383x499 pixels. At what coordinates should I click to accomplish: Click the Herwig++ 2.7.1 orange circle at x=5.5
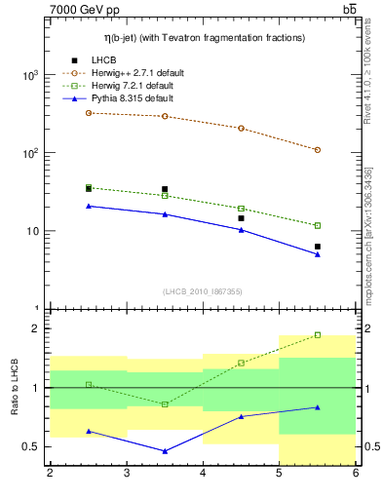pyautogui.click(x=318, y=150)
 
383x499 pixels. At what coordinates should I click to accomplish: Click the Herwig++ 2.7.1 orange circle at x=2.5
pyautogui.click(x=89, y=113)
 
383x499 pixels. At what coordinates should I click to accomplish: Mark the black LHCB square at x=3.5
pyautogui.click(x=165, y=189)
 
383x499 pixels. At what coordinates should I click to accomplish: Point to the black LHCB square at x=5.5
pyautogui.click(x=318, y=247)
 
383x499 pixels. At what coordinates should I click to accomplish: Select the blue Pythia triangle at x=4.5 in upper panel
pyautogui.click(x=241, y=230)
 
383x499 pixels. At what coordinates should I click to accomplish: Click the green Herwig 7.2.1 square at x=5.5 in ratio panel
pyautogui.click(x=318, y=334)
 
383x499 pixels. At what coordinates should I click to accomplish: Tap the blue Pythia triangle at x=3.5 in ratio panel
pyautogui.click(x=165, y=451)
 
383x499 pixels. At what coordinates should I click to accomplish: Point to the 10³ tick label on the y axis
pyautogui.click(x=29, y=76)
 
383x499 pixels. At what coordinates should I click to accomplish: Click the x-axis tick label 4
pyautogui.click(x=203, y=475)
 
